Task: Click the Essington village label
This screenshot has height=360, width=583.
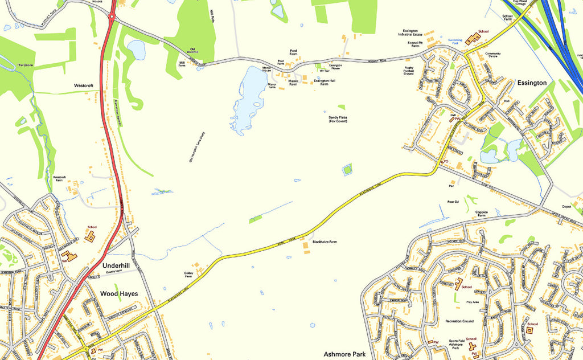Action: pyautogui.click(x=532, y=83)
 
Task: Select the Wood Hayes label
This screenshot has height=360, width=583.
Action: pyautogui.click(x=119, y=294)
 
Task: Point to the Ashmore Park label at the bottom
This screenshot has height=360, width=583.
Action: pyautogui.click(x=344, y=354)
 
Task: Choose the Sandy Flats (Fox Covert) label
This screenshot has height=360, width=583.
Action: pyautogui.click(x=338, y=119)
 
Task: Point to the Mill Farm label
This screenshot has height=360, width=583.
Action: pyautogui.click(x=182, y=64)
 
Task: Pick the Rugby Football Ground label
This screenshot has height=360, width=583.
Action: pyautogui.click(x=409, y=71)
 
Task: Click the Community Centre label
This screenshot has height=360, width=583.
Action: pyautogui.click(x=492, y=55)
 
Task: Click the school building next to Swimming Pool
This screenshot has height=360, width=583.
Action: pyautogui.click(x=473, y=39)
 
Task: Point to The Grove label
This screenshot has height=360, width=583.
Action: pyautogui.click(x=25, y=65)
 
